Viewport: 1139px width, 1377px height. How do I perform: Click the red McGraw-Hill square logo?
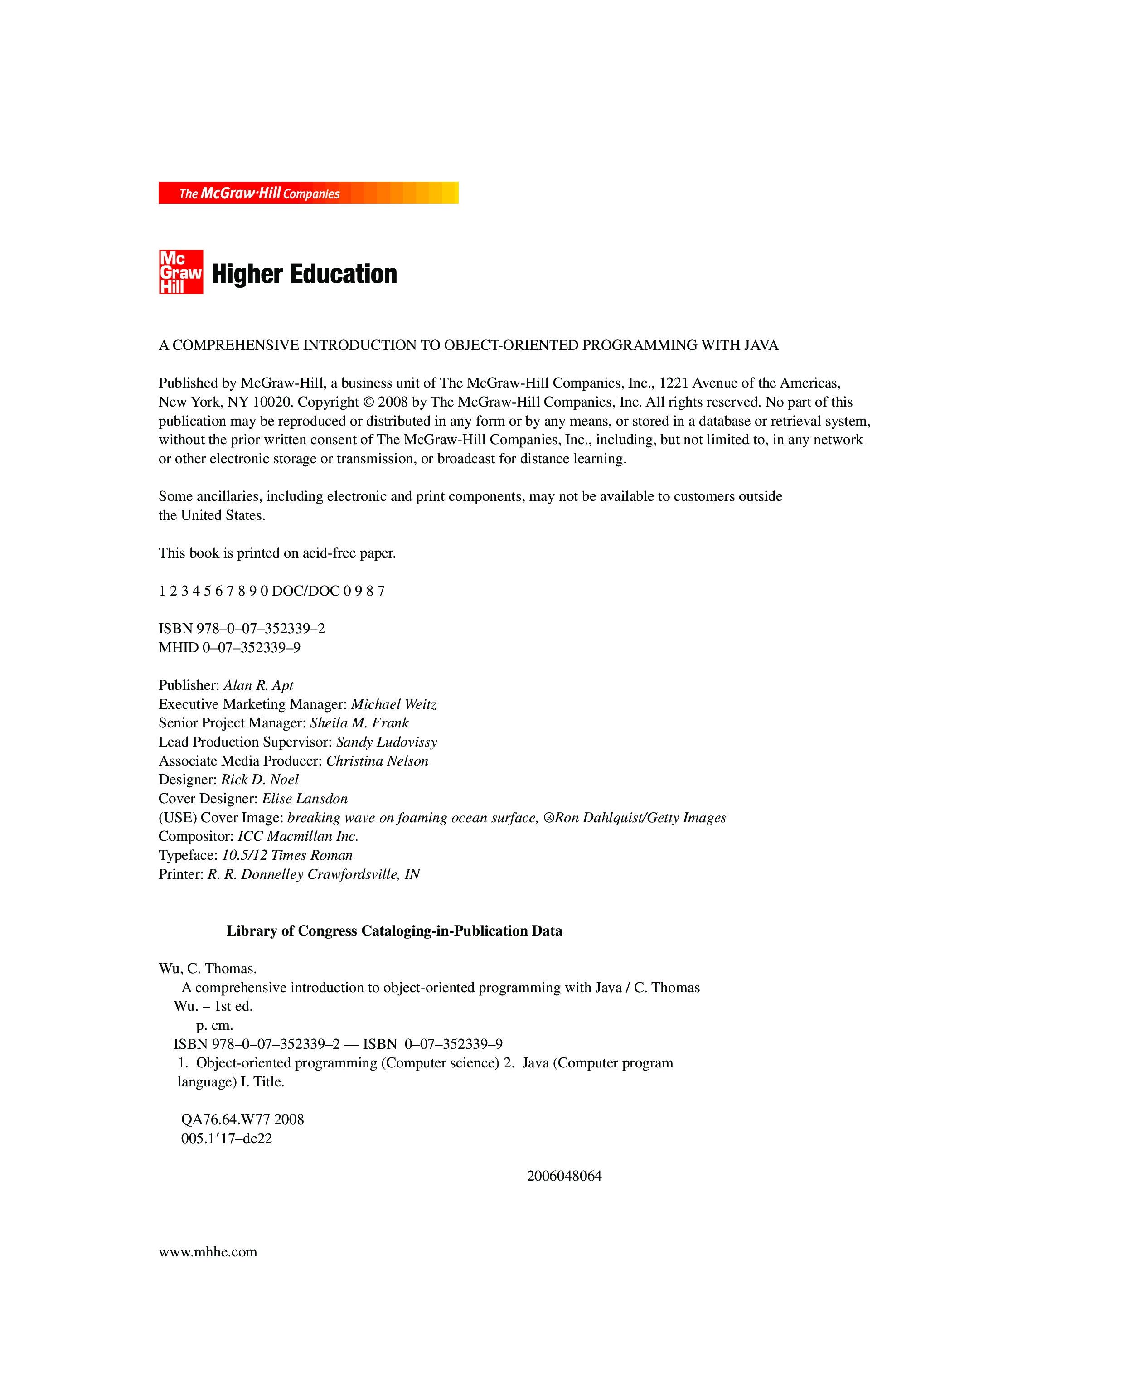[180, 272]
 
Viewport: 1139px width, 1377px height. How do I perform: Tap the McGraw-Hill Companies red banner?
[308, 193]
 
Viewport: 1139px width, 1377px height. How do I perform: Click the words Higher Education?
[304, 274]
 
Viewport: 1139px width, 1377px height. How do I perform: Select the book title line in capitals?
[468, 345]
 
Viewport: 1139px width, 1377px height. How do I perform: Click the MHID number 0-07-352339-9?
[251, 648]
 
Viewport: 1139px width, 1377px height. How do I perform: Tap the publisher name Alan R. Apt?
[258, 685]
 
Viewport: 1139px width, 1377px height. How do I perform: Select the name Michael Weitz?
[393, 704]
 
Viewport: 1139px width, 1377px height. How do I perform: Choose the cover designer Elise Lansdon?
[305, 799]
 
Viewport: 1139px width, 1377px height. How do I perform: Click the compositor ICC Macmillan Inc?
[298, 837]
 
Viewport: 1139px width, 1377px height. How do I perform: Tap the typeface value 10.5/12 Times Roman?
[287, 856]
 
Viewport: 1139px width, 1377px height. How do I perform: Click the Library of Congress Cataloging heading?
[394, 931]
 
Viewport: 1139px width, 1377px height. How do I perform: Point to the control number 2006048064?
[564, 1176]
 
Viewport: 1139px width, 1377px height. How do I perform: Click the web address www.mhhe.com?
[208, 1252]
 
